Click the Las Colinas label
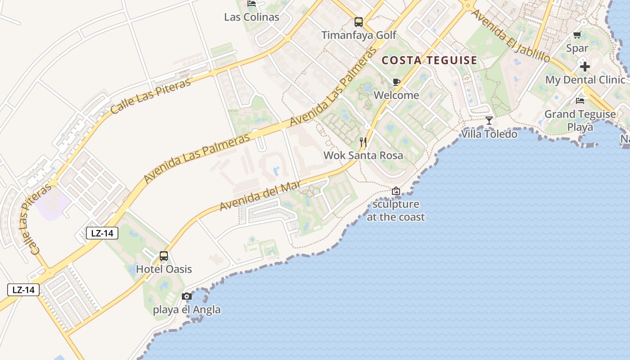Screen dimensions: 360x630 coord(252,17)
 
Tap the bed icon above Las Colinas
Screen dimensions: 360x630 coord(252,4)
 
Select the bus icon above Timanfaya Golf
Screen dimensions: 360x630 coord(359,22)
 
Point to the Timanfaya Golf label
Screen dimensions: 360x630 coord(359,35)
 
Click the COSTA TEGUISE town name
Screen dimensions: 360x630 coord(429,60)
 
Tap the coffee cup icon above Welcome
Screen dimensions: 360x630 coord(396,82)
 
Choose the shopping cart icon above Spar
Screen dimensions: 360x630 coord(577,35)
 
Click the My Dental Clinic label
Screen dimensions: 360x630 coord(585,80)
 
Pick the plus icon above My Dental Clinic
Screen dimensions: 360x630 coord(585,67)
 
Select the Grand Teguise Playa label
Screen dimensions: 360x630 coord(580,120)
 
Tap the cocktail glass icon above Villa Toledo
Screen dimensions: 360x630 coord(489,120)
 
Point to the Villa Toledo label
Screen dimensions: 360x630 coord(489,134)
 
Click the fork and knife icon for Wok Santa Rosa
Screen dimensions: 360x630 coord(363,142)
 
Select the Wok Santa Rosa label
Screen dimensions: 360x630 coord(363,156)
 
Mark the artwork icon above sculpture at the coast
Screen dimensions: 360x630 coord(396,191)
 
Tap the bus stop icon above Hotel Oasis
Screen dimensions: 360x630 coord(164,256)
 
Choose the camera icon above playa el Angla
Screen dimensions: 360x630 coord(187,296)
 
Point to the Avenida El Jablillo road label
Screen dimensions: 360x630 coord(510,35)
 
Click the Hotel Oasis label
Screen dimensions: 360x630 coord(164,269)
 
